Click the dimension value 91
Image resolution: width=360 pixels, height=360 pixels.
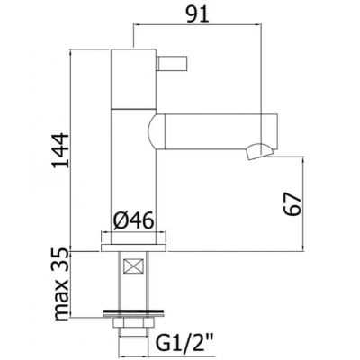(x=197, y=14)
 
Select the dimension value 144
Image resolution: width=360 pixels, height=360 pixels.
(x=59, y=150)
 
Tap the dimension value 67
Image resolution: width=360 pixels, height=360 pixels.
(x=292, y=204)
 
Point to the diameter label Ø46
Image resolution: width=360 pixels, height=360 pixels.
(x=134, y=221)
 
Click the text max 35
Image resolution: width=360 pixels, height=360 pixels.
(x=62, y=285)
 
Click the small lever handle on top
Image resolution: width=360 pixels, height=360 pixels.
(x=172, y=63)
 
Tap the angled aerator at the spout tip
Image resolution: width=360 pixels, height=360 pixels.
(x=258, y=151)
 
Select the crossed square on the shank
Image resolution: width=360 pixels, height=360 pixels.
(x=133, y=265)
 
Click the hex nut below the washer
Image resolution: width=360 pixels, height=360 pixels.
(x=132, y=323)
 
